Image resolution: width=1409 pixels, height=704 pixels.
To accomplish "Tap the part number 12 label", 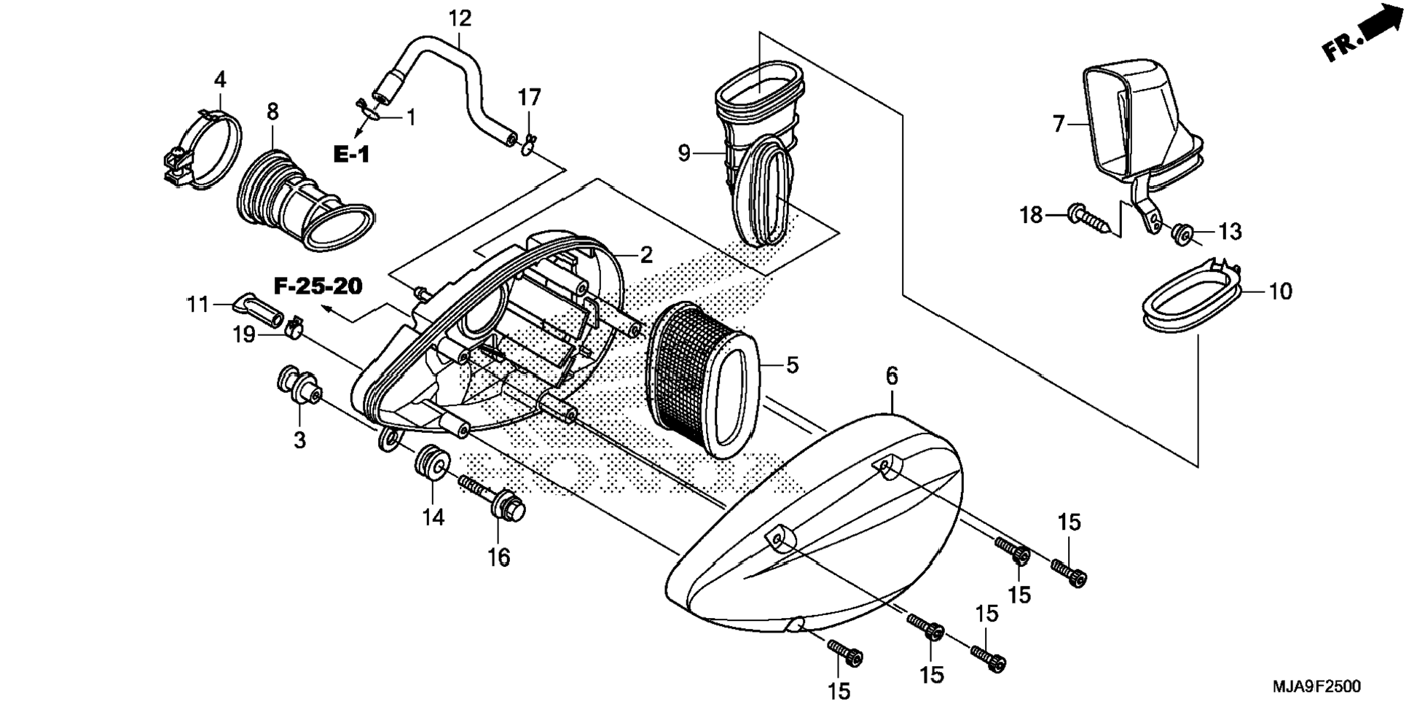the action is (x=460, y=18).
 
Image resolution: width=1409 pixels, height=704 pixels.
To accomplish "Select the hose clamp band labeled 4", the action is (x=200, y=149).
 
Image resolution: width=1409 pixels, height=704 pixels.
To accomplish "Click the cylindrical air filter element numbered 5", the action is (x=704, y=380).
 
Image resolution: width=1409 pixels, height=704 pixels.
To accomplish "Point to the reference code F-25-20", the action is (x=318, y=286).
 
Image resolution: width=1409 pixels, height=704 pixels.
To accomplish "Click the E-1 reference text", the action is (x=352, y=155).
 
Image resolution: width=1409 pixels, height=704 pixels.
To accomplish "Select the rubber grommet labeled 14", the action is (x=432, y=462).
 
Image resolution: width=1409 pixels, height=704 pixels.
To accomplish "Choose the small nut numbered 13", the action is (x=1182, y=233).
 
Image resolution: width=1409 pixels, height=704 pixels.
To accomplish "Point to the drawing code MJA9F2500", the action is (x=1316, y=687).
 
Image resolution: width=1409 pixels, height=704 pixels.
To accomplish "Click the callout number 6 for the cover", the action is (x=892, y=377).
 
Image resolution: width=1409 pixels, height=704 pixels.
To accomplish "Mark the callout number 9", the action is (x=684, y=154).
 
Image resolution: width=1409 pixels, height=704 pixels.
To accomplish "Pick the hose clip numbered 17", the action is (x=529, y=144).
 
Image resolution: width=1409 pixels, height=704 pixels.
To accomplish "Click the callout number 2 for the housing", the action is (x=646, y=255).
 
